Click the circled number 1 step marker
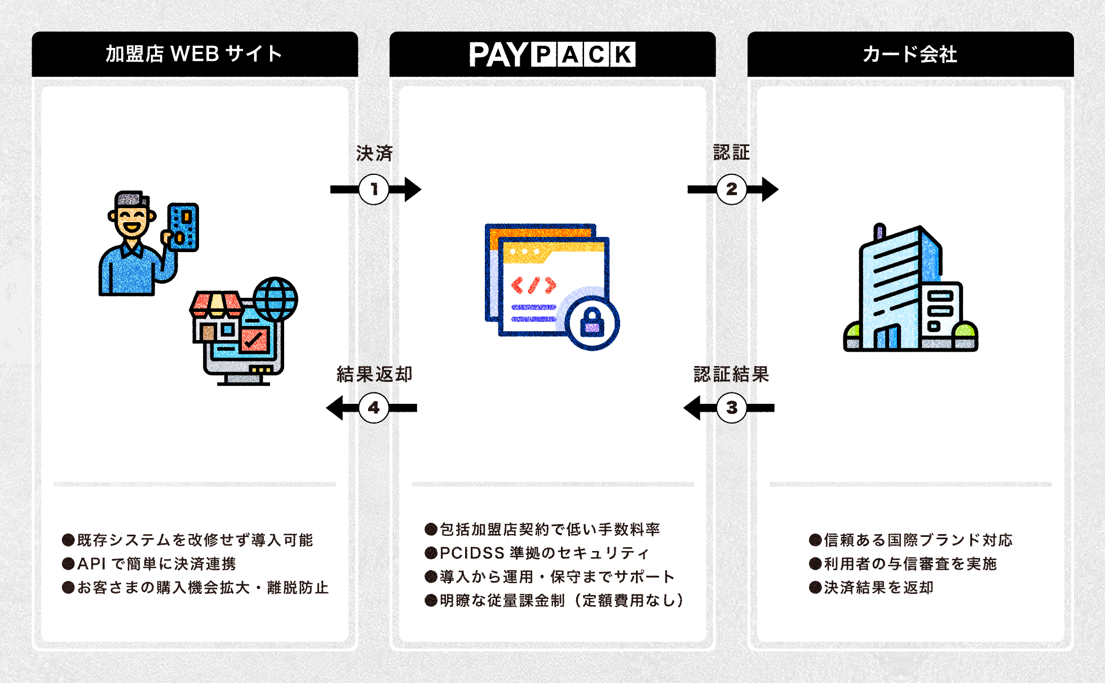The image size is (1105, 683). [374, 190]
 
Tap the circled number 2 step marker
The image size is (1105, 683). [731, 190]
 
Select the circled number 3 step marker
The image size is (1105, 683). [731, 408]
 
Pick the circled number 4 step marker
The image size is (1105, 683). [374, 408]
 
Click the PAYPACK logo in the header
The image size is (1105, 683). [552, 55]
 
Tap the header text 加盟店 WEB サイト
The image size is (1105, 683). [194, 54]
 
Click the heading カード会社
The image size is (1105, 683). [909, 54]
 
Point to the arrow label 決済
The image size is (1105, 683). [374, 153]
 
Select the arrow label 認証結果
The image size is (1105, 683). [731, 374]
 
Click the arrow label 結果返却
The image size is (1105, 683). [374, 374]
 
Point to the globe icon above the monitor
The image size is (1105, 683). [275, 298]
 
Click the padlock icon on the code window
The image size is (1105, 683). [592, 323]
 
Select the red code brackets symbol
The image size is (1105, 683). [533, 285]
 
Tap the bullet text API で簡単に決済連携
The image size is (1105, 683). [156, 563]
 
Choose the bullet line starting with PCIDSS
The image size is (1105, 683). [543, 553]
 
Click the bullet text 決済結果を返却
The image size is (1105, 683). [878, 587]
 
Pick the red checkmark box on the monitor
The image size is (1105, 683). [254, 339]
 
